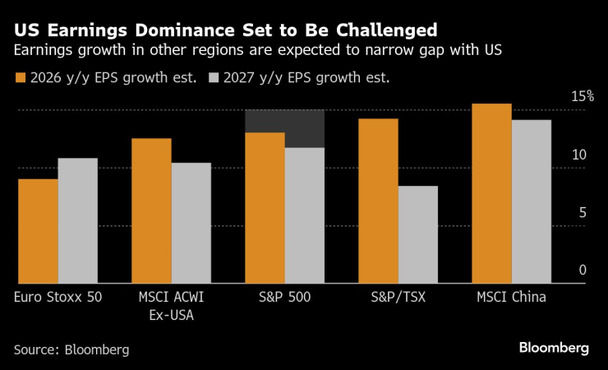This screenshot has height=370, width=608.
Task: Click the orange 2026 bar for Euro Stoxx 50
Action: (38, 231)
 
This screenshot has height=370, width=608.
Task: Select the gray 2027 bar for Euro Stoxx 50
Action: (78, 220)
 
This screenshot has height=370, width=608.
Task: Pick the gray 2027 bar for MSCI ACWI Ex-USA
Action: (191, 223)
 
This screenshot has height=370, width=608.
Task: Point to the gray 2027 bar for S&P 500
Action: (305, 215)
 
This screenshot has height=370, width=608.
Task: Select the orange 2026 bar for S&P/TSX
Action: (378, 201)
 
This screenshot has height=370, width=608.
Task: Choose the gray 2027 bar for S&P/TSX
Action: (418, 234)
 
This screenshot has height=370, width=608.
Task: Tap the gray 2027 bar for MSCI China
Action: (532, 201)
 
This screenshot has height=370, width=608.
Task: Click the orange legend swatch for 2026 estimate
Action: (20, 79)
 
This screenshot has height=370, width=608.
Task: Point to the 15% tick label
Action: (583, 96)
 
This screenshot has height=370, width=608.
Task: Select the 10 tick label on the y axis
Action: (579, 155)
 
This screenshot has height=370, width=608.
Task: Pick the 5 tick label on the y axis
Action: (583, 212)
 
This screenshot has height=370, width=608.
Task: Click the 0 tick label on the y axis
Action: (583, 270)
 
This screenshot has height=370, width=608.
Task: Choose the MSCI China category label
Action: (512, 298)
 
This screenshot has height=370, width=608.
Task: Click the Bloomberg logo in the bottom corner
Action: (554, 348)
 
